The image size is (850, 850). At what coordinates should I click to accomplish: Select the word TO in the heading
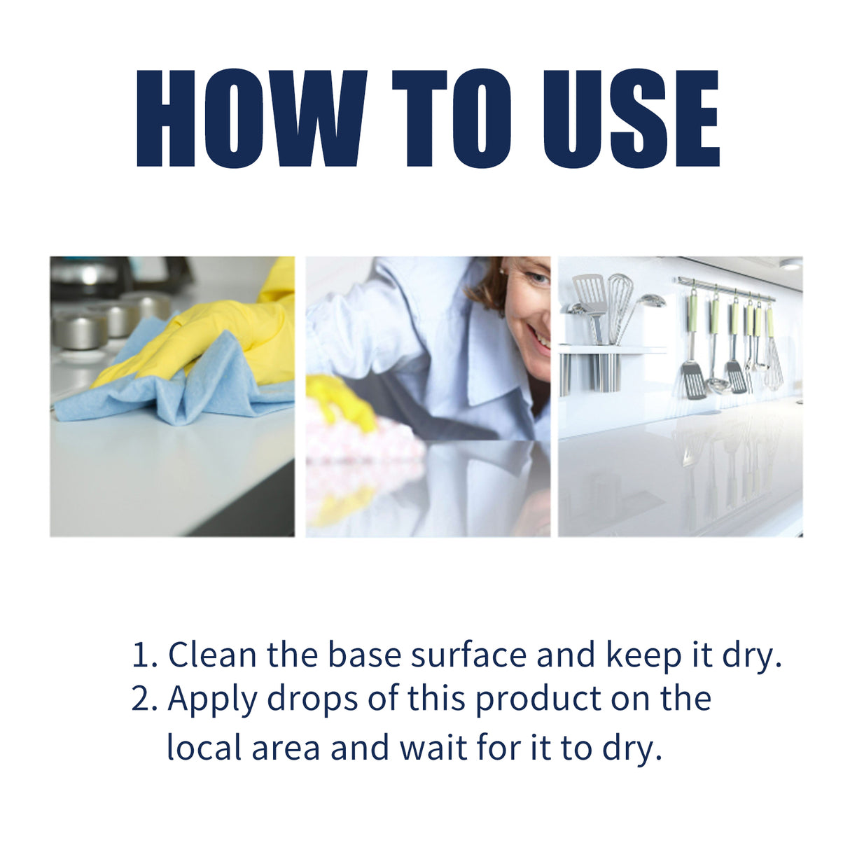pyautogui.click(x=452, y=119)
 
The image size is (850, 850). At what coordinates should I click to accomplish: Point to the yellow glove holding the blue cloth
pyautogui.click(x=210, y=336)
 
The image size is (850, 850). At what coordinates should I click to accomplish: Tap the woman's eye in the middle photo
pyautogui.click(x=538, y=279)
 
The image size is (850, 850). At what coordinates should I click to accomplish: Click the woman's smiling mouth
pyautogui.click(x=540, y=338)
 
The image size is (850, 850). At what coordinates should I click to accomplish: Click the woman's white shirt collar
pyautogui.click(x=490, y=364)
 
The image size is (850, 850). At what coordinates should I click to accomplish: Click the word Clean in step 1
pyautogui.click(x=212, y=655)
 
